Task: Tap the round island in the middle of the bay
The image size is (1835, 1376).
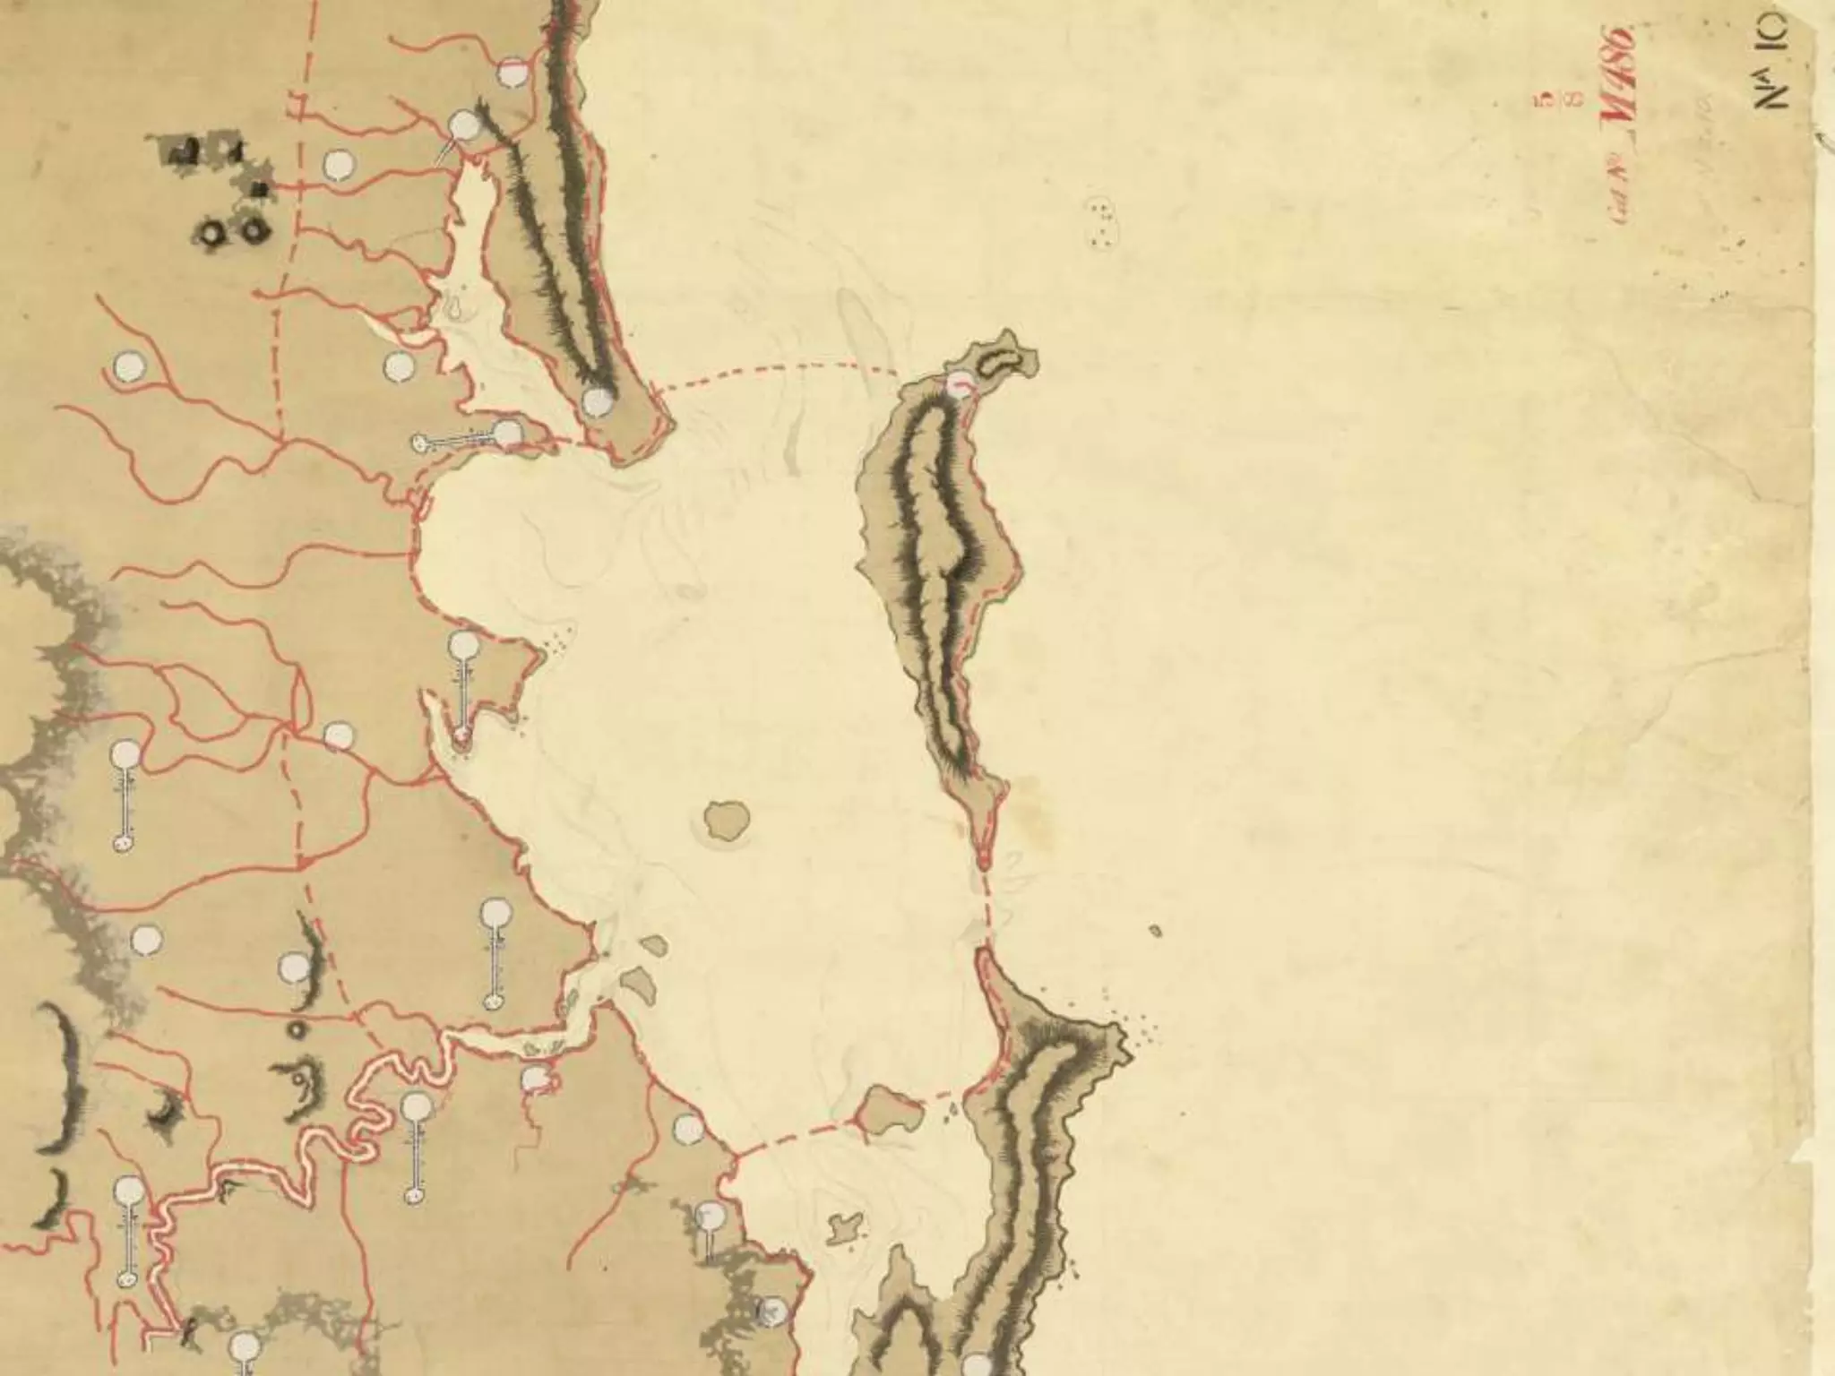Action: click(727, 821)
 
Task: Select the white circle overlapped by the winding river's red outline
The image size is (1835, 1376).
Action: click(535, 1079)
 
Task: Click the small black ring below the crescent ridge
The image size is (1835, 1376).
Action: click(296, 1030)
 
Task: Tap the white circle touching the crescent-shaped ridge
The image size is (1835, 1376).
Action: click(294, 967)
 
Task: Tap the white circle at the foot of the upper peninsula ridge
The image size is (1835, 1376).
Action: click(597, 402)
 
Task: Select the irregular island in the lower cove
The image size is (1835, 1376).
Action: click(842, 1227)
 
